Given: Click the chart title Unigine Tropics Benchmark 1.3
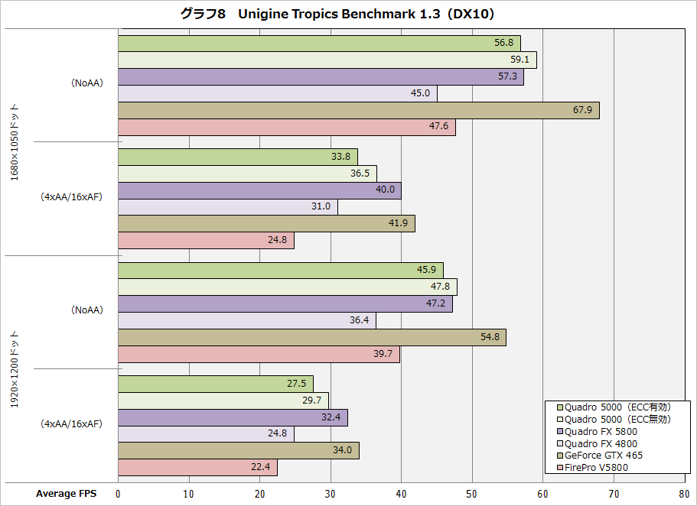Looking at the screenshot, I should (x=348, y=15).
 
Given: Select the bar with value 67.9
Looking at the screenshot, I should (x=358, y=111).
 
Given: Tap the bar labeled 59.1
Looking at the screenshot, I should (x=327, y=60).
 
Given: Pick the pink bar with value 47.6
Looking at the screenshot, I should (x=287, y=128).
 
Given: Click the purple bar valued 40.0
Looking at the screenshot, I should (x=259, y=190).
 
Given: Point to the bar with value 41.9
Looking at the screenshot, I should (x=266, y=224).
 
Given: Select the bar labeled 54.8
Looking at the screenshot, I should (x=312, y=338).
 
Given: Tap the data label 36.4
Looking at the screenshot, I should (x=360, y=321).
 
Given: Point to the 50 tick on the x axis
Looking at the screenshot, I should (x=472, y=494).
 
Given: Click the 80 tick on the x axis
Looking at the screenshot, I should (x=684, y=494).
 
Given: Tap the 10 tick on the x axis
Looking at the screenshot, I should (x=189, y=494).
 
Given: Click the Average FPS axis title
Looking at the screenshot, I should (x=67, y=494).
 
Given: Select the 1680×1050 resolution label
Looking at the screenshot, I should (x=15, y=142).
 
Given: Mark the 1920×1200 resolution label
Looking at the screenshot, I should (x=15, y=369).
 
